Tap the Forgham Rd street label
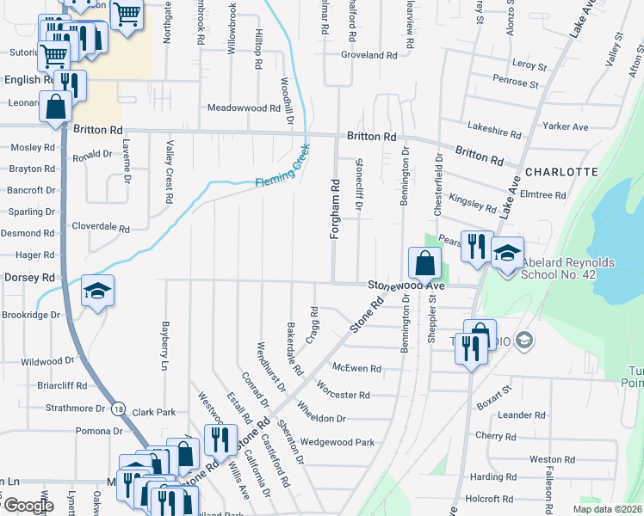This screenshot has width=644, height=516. coord(335,209)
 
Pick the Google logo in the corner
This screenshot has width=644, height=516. coord(28,506)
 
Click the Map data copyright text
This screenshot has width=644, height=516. coord(606,509)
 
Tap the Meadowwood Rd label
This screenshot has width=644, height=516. coord(245,108)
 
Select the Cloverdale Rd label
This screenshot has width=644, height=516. coord(100,229)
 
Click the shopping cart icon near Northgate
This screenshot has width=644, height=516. coord(127,14)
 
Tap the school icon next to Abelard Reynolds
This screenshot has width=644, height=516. coord(508,252)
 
